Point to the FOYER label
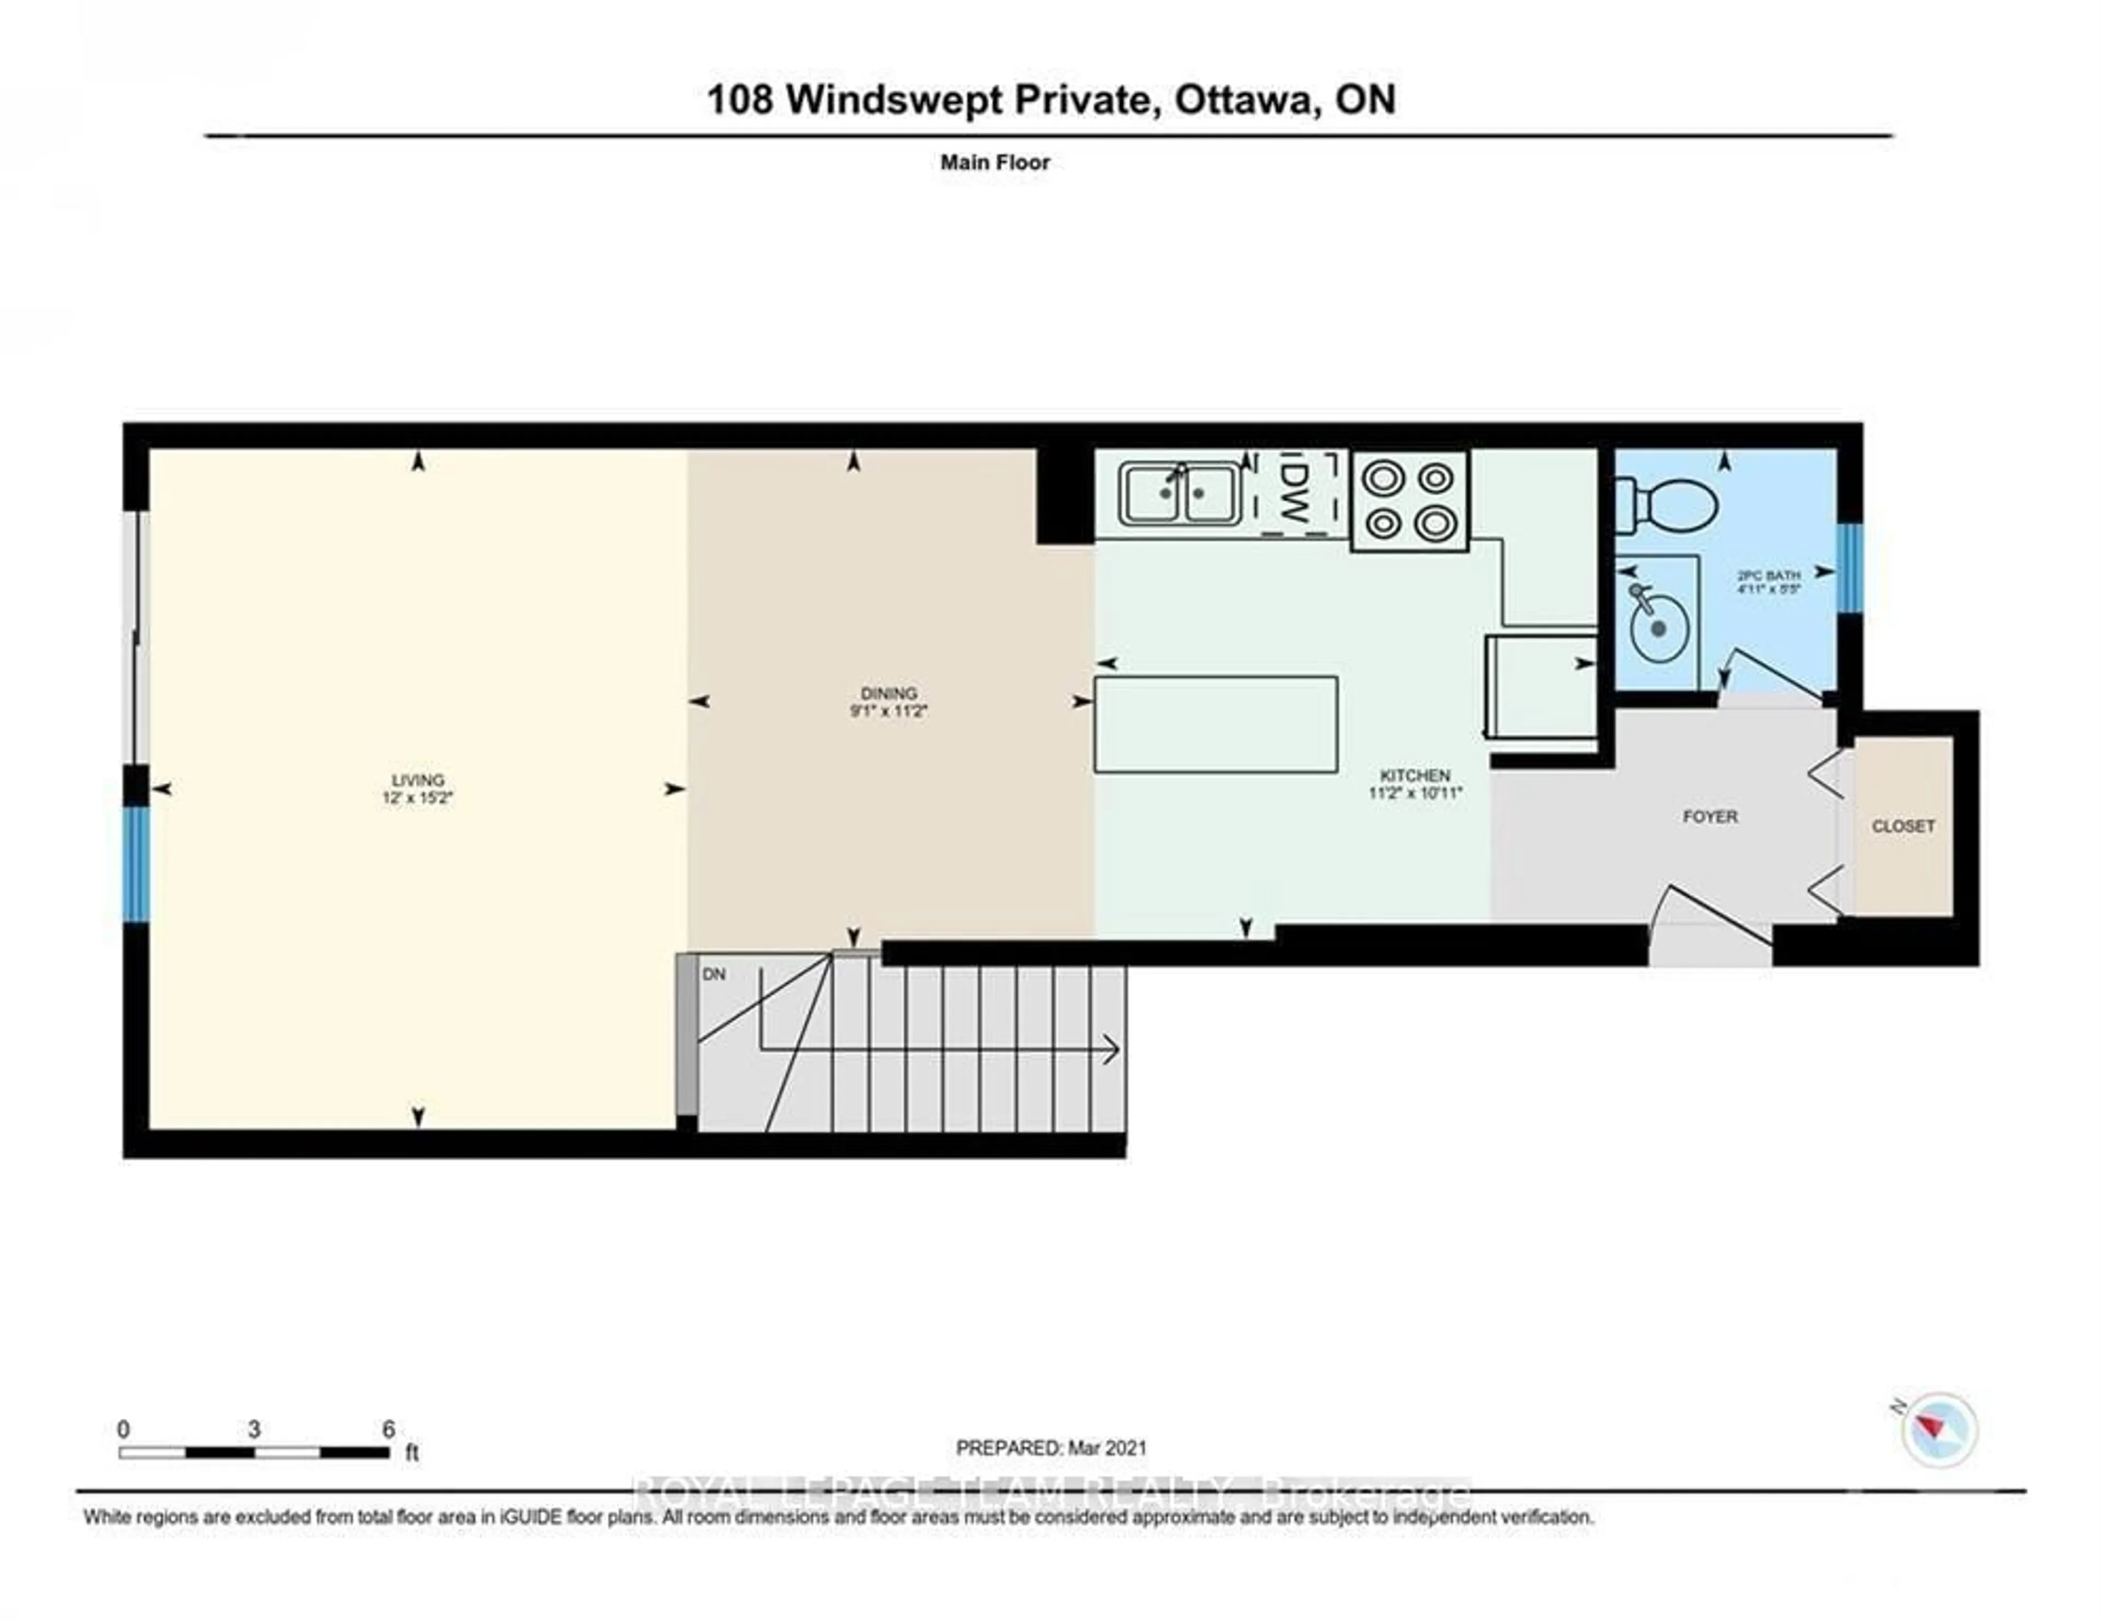(x=1709, y=817)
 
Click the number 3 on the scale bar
(x=254, y=1429)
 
